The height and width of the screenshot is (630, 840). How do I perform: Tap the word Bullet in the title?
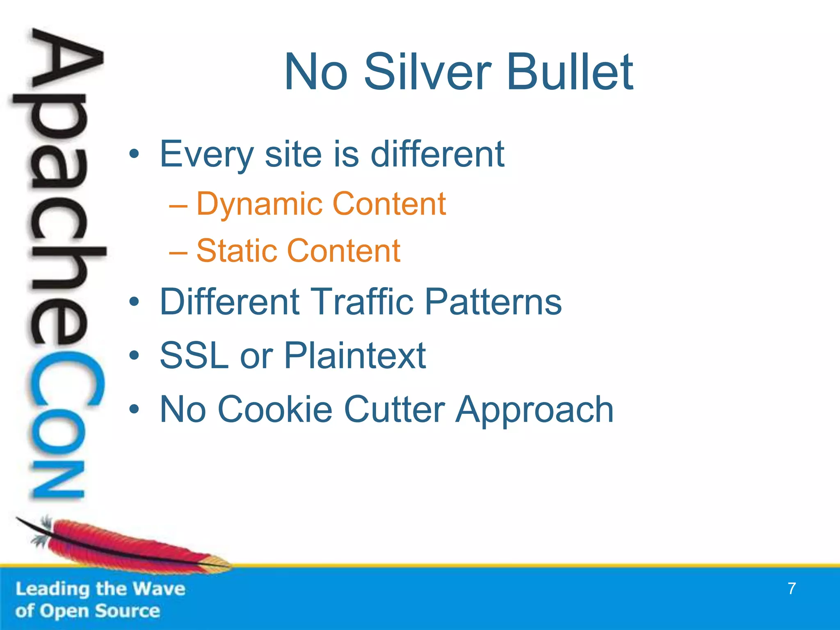coord(570,73)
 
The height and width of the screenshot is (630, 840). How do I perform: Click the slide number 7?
coord(792,589)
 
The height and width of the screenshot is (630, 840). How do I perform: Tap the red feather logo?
coord(123,546)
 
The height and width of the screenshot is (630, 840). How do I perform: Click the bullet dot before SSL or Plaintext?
coord(134,356)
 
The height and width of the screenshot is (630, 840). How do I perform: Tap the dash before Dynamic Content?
coord(178,205)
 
